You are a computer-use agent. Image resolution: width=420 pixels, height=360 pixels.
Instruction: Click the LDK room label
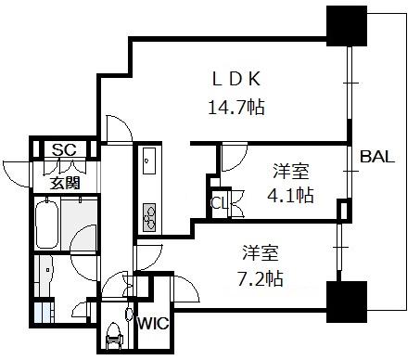click(x=236, y=79)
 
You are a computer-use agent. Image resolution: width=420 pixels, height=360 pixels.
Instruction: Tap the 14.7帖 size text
click(x=236, y=108)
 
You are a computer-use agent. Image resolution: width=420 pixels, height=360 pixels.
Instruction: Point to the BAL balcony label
click(x=377, y=157)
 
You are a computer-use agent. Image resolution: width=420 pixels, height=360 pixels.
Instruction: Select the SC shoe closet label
click(x=64, y=149)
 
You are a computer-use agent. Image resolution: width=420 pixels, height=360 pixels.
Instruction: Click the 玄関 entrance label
click(x=65, y=183)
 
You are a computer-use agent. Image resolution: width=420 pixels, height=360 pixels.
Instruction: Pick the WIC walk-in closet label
click(x=154, y=324)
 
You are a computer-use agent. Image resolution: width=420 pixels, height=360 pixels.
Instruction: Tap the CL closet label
click(x=219, y=203)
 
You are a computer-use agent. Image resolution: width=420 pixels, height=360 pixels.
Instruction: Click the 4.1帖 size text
click(x=290, y=195)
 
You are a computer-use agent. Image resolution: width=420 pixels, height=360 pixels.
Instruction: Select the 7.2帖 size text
click(x=261, y=278)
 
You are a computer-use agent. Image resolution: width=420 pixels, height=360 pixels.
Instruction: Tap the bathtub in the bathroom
click(x=46, y=224)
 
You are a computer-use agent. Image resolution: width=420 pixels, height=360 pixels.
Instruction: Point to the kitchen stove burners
click(x=149, y=217)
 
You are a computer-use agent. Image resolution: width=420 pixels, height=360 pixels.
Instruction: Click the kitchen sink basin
click(x=149, y=161)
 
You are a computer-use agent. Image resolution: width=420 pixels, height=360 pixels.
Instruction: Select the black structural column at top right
click(x=347, y=27)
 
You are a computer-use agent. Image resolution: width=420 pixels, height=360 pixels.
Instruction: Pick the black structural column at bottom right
click(x=347, y=302)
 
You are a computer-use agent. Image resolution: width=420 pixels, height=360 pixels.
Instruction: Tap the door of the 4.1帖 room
click(x=235, y=157)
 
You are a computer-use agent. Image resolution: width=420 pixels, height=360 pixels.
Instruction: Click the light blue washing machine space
click(x=42, y=313)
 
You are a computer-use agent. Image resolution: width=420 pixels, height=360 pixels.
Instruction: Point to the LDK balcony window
click(x=350, y=83)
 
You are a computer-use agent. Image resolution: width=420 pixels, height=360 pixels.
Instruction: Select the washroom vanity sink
click(x=46, y=271)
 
